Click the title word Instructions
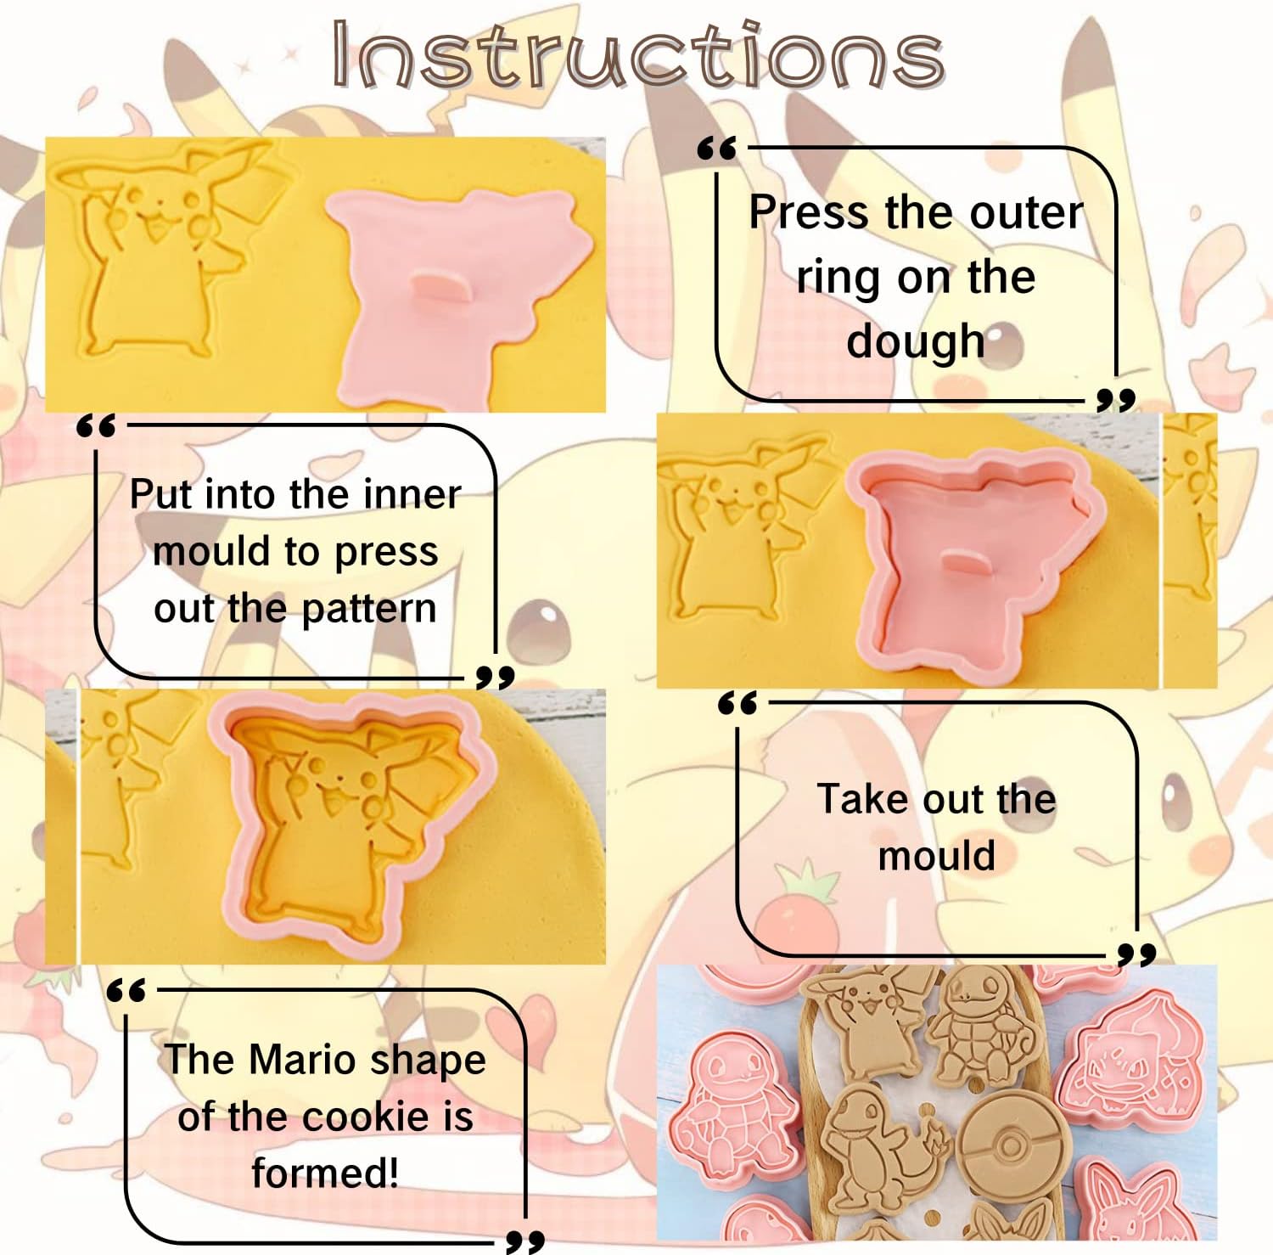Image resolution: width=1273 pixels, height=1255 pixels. (638, 55)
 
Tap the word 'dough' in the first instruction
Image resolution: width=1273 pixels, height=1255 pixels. (916, 342)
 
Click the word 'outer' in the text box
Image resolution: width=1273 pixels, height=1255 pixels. (1026, 212)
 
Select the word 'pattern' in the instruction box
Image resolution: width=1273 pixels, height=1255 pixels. (368, 610)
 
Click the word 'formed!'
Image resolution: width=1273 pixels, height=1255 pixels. (325, 1173)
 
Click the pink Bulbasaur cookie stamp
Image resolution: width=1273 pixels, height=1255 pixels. (1133, 1061)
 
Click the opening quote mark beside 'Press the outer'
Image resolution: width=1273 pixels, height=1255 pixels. (718, 149)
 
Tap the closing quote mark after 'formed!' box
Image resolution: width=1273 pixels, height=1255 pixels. (524, 1241)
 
